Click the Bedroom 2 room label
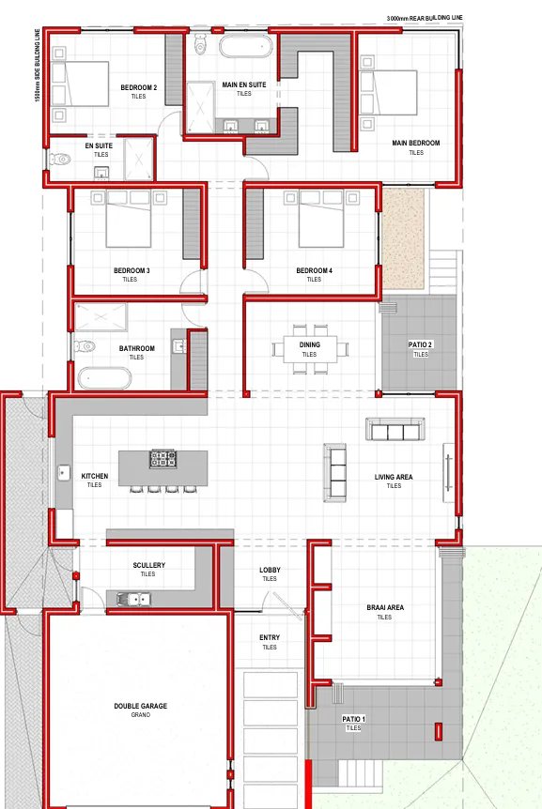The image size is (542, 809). coord(138,87)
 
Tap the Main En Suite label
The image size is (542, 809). coord(244,84)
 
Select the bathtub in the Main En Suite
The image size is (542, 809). coord(245,46)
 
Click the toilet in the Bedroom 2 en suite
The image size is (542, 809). coord(60,160)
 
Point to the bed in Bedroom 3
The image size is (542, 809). coord(129,219)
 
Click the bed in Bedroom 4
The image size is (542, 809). coord(321,219)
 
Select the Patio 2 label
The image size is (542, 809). coord(420,344)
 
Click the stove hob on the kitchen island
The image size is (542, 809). coord(163,459)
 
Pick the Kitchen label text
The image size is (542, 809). coord(95,476)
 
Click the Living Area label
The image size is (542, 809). coord(394,478)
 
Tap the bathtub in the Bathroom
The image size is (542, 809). coord(104,378)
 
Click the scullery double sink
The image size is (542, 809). coord(133,600)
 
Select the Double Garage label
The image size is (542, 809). coord(140,706)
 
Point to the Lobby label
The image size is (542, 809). coord(270,570)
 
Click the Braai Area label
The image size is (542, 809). coord(385,608)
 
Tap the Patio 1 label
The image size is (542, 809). coord(353,719)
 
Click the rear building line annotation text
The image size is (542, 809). coord(425,18)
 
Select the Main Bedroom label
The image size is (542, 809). coord(416,143)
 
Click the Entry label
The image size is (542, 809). coord(270,637)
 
